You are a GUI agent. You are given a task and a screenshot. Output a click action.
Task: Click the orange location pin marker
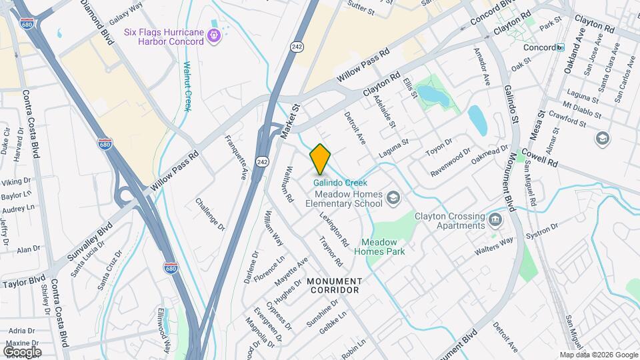pyautogui.click(x=320, y=159)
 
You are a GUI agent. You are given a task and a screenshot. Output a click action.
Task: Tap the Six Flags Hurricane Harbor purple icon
pyautogui.click(x=214, y=35)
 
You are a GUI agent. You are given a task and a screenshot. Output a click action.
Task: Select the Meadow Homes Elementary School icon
pyautogui.click(x=394, y=197)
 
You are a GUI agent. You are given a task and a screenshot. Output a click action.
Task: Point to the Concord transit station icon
pyautogui.click(x=561, y=48)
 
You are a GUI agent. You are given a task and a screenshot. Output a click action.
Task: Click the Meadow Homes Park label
pyautogui.click(x=384, y=247)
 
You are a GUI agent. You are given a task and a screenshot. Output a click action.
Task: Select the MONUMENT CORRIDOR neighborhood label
pyautogui.click(x=335, y=285)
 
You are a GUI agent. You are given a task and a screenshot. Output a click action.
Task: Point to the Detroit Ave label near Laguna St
pyautogui.click(x=355, y=128)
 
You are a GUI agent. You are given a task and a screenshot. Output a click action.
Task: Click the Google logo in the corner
pyautogui.click(x=22, y=351)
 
